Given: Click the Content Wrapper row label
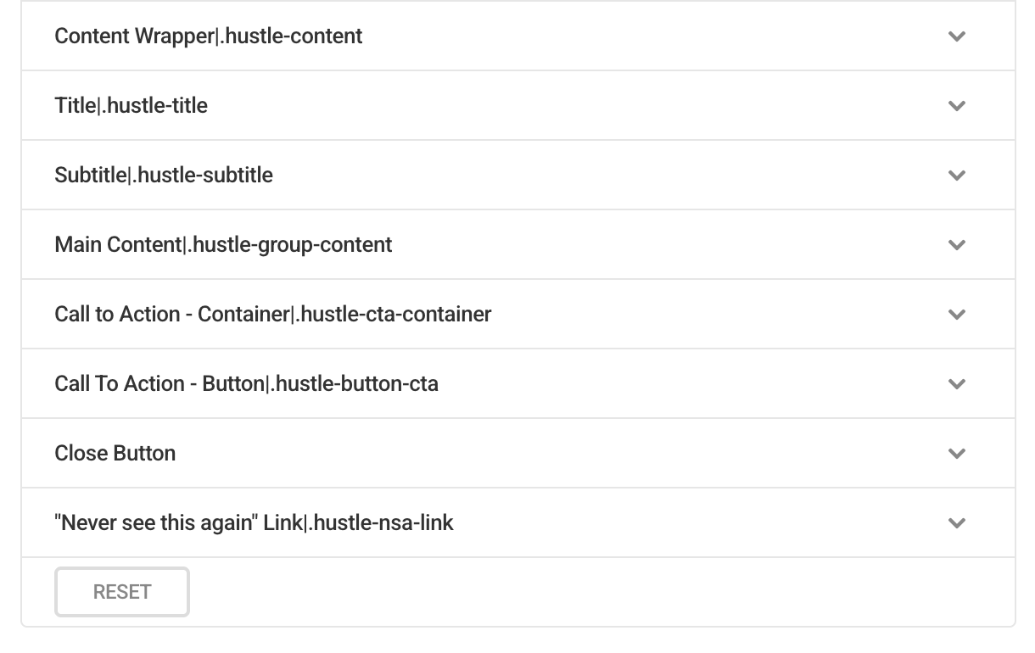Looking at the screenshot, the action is coord(209,36).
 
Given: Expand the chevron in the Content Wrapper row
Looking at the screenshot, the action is coord(956,36).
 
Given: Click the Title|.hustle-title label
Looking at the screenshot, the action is coord(131,105).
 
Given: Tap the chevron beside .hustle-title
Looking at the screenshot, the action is coord(956,106).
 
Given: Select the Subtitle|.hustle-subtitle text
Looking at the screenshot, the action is coord(164,175).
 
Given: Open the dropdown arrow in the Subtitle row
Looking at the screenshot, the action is coord(956,176).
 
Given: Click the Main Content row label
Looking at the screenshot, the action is coord(223,245).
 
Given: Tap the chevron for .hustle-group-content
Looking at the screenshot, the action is coord(956,245).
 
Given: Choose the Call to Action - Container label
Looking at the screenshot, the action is coord(273,314).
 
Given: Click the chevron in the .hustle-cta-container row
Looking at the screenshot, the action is coord(956,315).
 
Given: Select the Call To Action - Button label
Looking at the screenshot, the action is coord(246,384).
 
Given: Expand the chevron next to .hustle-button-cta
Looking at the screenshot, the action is coord(956,384).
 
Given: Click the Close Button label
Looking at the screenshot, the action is coord(115,453).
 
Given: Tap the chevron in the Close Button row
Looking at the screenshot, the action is coord(956,454).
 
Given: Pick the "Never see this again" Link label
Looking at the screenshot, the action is coord(254,522).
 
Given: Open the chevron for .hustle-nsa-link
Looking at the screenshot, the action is coord(956,523).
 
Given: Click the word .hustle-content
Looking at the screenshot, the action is coord(291,36).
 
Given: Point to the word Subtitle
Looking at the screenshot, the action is coord(91,175).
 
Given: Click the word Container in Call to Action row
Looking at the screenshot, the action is coord(243,314).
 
